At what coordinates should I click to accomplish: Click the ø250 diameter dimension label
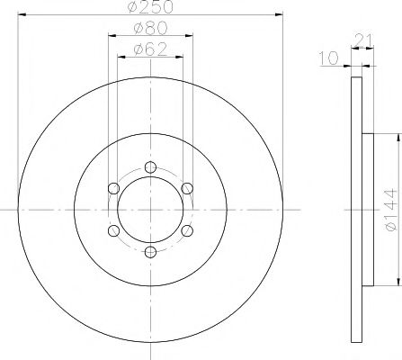150,8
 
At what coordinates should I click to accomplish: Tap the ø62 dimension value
148,50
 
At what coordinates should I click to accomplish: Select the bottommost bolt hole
150,252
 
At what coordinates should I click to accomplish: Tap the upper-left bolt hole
112,187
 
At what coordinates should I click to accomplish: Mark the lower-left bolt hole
112,230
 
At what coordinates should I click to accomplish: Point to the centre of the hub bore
150,209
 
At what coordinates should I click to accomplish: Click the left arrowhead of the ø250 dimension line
22,16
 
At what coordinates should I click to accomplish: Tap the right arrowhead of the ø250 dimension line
278,16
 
